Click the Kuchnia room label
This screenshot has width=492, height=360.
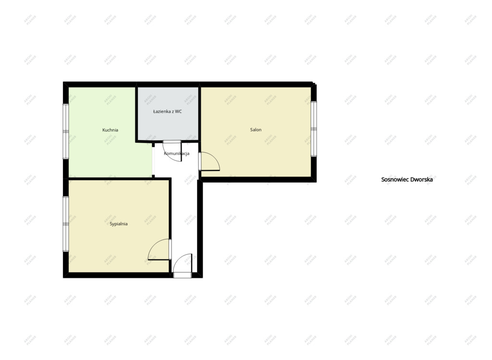tap(110, 130)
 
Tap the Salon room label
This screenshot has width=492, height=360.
tap(256, 130)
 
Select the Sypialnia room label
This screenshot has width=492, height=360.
tap(119, 224)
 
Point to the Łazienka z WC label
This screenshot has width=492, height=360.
tap(167, 111)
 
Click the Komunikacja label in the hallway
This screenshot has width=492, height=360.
tap(177, 154)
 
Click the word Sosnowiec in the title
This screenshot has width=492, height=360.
tap(394, 180)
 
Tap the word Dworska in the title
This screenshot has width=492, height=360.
tap(421, 180)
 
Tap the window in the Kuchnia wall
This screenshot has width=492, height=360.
tap(65, 132)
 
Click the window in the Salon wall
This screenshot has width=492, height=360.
tap(314, 129)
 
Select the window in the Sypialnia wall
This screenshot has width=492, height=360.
tap(65, 224)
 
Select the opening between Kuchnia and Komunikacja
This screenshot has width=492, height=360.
tap(153, 160)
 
